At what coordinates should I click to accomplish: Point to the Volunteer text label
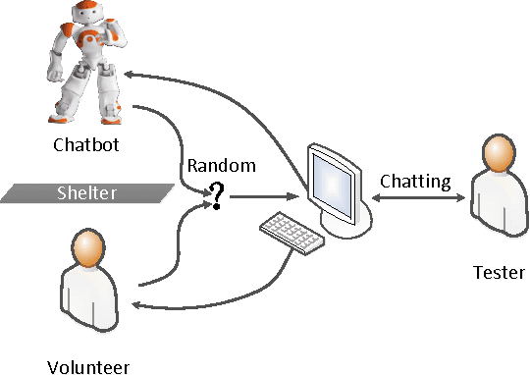88,368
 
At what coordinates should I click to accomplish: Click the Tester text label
499,272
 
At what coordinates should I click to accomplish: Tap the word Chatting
415,181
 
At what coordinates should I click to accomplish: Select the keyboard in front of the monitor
291,231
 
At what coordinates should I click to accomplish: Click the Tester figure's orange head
498,155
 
